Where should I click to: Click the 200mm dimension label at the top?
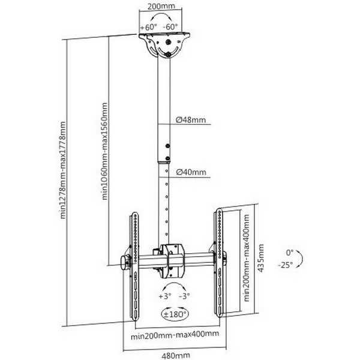[x=161, y=6]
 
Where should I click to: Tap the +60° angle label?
[x=148, y=27]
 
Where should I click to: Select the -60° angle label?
[x=170, y=27]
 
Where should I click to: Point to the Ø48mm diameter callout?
[x=191, y=119]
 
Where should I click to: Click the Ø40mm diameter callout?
[x=191, y=172]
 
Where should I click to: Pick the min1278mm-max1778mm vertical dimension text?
[x=62, y=170]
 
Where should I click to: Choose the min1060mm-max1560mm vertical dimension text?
[x=104, y=151]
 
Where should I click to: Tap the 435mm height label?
[x=261, y=258]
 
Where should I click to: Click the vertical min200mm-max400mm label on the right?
[x=247, y=258]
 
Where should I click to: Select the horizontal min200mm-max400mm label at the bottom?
[x=175, y=335]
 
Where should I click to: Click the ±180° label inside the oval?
[x=175, y=314]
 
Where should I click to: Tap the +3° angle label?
[x=165, y=296]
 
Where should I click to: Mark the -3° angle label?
[x=184, y=296]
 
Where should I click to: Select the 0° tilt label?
[x=290, y=253]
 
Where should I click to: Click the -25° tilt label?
[x=286, y=265]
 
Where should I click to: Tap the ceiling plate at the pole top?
[x=164, y=35]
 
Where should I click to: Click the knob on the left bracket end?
[x=125, y=263]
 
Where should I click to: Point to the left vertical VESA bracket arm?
[x=135, y=266]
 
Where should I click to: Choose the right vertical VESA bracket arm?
[x=219, y=263]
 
